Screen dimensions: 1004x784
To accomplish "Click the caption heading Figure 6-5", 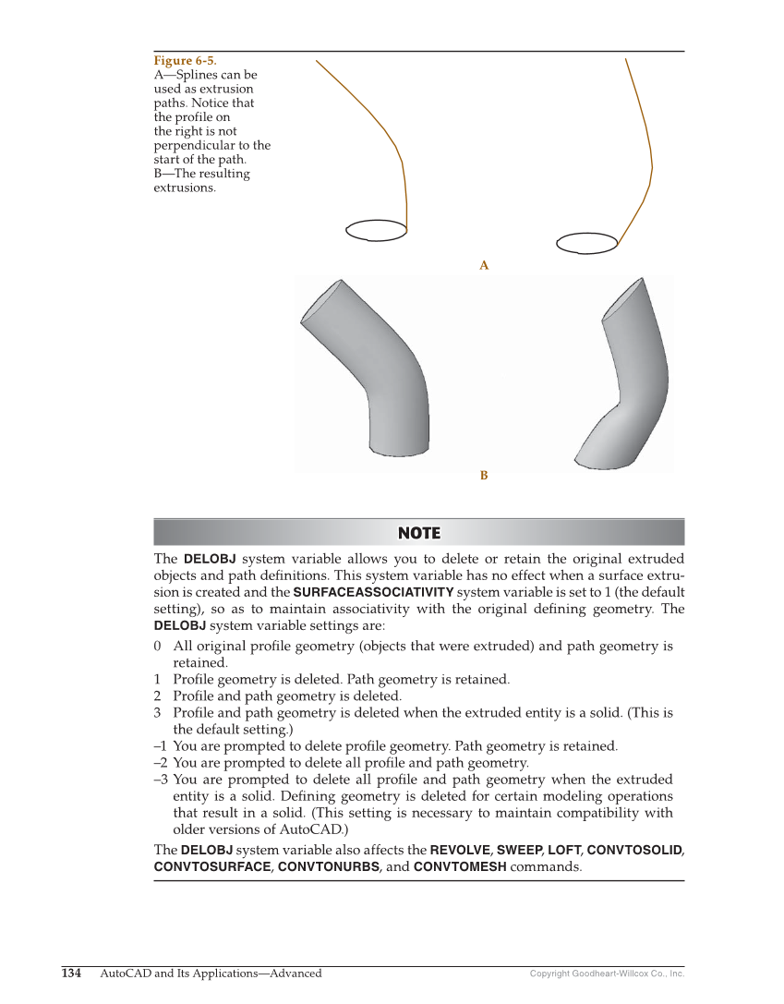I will click(185, 61).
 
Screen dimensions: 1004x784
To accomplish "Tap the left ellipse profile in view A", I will click(376, 230).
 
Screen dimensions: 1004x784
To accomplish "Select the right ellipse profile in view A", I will click(586, 243).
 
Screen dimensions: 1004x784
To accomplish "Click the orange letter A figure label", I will click(484, 266).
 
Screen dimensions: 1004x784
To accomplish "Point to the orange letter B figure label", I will click(484, 476).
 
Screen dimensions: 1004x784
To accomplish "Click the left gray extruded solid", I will click(379, 369).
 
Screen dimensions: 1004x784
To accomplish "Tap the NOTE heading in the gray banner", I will click(418, 533).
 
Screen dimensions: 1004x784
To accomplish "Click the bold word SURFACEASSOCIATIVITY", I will click(373, 592).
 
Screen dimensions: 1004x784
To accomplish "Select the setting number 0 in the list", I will click(158, 647).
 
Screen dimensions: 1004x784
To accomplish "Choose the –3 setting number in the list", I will click(161, 780).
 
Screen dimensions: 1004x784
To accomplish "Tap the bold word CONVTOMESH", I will click(460, 867).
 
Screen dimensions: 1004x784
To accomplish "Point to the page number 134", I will click(71, 974).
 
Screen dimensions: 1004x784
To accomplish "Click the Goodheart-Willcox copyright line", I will click(607, 974).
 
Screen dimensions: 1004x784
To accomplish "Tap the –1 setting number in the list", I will click(161, 746).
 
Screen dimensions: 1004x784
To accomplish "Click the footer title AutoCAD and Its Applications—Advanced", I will click(211, 974).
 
